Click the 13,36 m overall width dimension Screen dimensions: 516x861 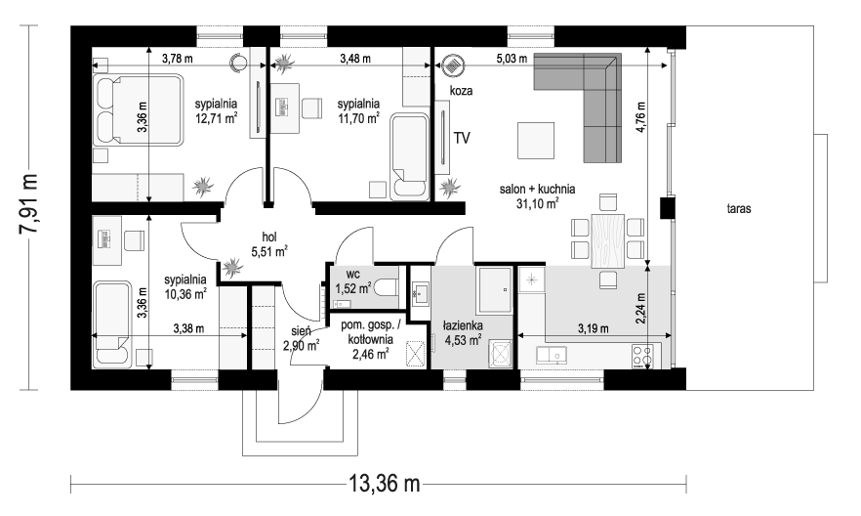pyautogui.click(x=384, y=482)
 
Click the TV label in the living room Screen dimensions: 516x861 pyautogui.click(x=462, y=138)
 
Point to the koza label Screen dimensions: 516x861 pyautogui.click(x=461, y=90)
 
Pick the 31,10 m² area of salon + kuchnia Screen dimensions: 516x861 pyautogui.click(x=537, y=204)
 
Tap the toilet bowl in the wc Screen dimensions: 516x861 pyautogui.click(x=388, y=287)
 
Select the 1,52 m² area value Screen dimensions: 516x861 pyautogui.click(x=352, y=288)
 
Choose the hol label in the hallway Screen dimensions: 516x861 pyautogui.click(x=269, y=236)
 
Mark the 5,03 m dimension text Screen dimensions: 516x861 pyautogui.click(x=510, y=60)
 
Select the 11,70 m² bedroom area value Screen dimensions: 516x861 pyautogui.click(x=358, y=118)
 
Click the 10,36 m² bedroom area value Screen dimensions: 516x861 pyautogui.click(x=184, y=292)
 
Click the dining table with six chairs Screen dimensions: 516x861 pyautogui.click(x=606, y=239)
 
